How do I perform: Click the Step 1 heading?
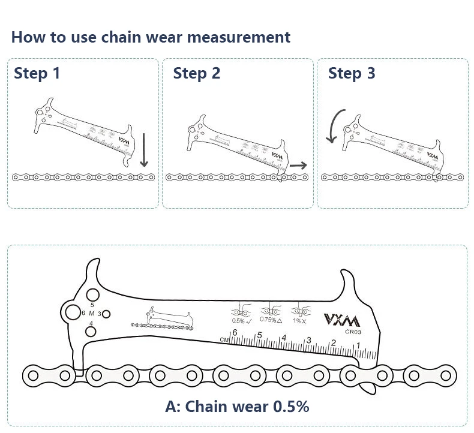click(37, 74)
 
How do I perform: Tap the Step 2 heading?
click(197, 74)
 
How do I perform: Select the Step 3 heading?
click(352, 74)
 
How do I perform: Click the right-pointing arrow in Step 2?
click(298, 165)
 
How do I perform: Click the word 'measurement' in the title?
click(239, 37)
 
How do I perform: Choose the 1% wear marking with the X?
click(299, 320)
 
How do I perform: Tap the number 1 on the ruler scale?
click(358, 345)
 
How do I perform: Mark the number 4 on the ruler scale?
click(284, 338)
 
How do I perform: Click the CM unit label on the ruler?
click(224, 340)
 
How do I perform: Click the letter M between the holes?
click(91, 314)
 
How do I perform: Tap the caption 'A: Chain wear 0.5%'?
click(237, 406)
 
